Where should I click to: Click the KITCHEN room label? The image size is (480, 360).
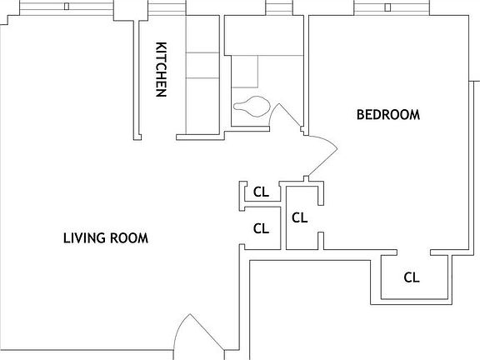pyautogui.click(x=162, y=69)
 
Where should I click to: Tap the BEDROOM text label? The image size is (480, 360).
pyautogui.click(x=387, y=115)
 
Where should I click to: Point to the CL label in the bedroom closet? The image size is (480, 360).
pyautogui.click(x=411, y=277)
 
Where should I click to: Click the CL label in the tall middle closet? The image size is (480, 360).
pyautogui.click(x=300, y=217)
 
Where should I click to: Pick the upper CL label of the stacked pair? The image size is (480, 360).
pyautogui.click(x=261, y=192)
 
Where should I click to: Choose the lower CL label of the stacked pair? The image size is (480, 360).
pyautogui.click(x=261, y=227)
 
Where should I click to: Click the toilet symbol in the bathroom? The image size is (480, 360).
pyautogui.click(x=251, y=107)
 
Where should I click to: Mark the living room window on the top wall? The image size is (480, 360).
pyautogui.click(x=66, y=6)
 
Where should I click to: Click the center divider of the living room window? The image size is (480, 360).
pyautogui.click(x=66, y=6)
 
